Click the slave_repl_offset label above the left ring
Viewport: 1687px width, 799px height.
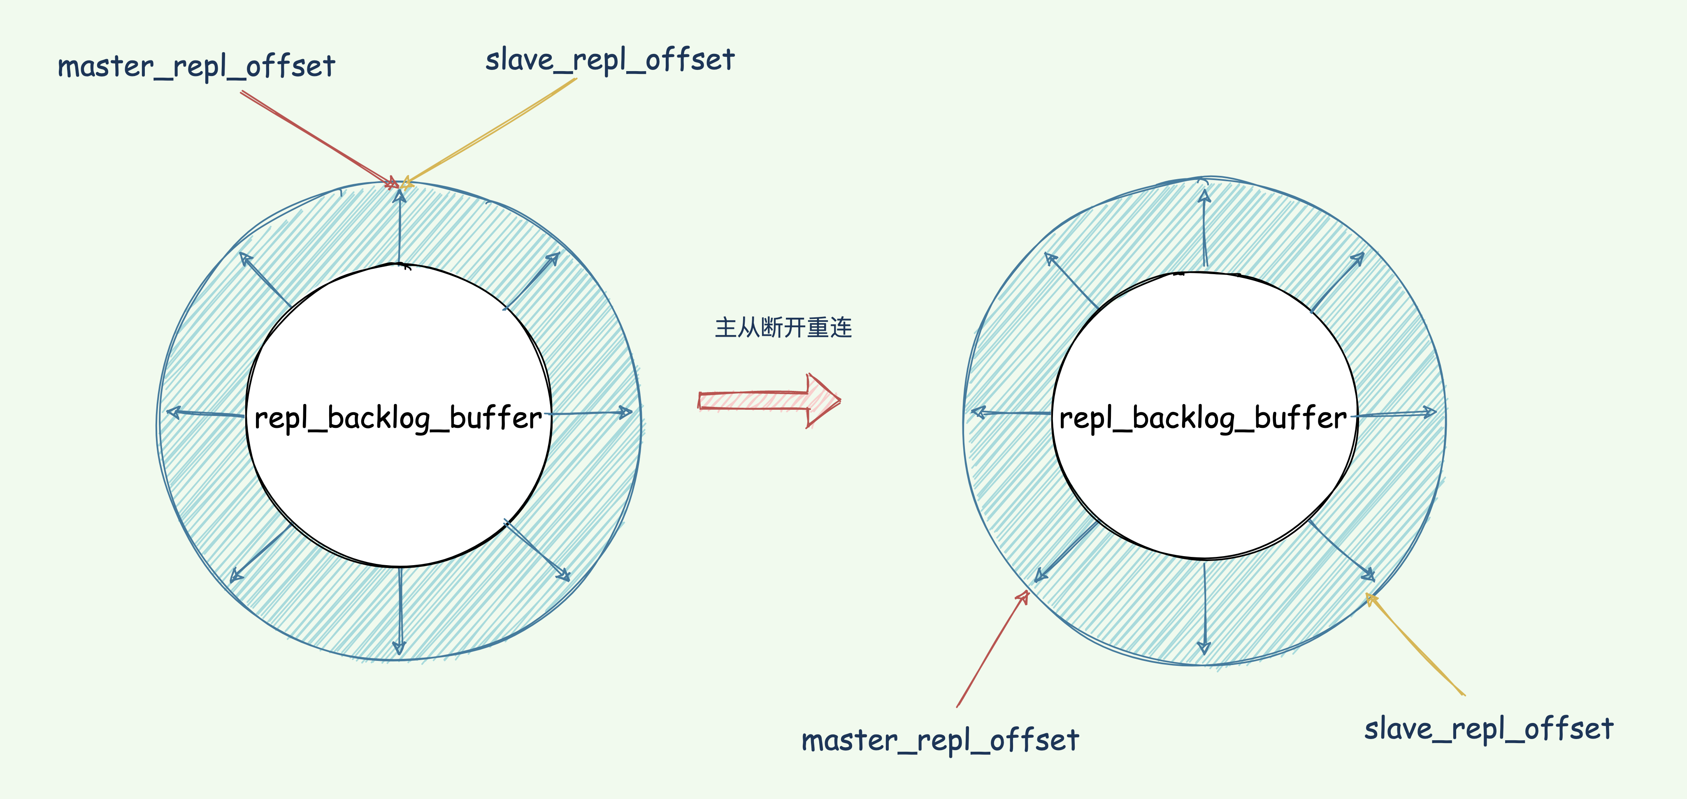click(x=610, y=60)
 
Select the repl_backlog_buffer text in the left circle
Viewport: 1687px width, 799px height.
click(x=398, y=418)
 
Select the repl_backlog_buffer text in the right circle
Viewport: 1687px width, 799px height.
click(x=1203, y=418)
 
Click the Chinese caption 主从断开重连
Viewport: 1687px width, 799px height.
click(x=783, y=327)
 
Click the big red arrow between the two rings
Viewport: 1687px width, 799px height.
click(x=769, y=400)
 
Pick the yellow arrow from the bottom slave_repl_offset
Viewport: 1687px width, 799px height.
click(x=1415, y=644)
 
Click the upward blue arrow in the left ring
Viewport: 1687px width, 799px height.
click(x=400, y=226)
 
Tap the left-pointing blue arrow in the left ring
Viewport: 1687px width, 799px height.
click(x=206, y=413)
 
